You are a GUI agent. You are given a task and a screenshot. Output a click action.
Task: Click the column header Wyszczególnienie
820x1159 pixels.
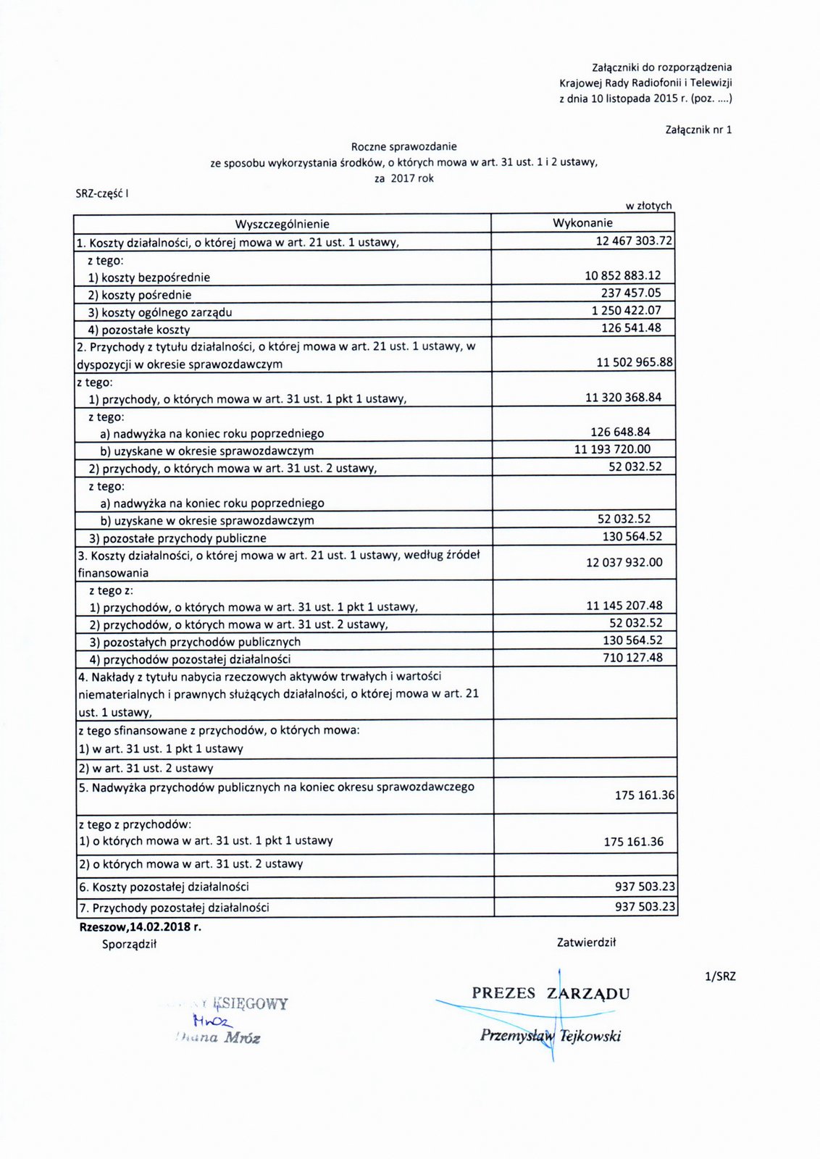[x=282, y=224]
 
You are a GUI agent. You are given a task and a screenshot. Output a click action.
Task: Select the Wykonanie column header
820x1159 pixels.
[x=582, y=223]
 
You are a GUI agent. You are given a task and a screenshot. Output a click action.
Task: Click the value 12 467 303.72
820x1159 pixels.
[x=634, y=240]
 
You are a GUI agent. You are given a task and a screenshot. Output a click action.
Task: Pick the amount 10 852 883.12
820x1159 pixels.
[x=623, y=275]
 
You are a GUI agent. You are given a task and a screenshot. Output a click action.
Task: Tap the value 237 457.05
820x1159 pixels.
[x=631, y=293]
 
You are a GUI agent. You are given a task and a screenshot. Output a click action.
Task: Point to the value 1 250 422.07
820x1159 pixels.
[x=626, y=310]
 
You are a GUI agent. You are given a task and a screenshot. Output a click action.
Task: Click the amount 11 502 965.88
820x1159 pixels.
[x=635, y=362]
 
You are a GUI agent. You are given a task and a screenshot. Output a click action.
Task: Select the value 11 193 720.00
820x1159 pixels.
[x=612, y=449]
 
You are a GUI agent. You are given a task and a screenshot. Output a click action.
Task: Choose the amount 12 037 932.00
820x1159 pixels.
[x=624, y=562]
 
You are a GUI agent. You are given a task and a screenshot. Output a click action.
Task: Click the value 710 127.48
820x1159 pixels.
[x=632, y=658]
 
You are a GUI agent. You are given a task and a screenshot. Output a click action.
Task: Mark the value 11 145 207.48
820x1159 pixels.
[x=624, y=606]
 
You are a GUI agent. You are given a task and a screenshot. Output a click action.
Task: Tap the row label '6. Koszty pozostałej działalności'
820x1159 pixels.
[x=164, y=887]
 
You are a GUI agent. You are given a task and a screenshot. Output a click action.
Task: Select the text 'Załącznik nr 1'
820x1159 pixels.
[x=698, y=130]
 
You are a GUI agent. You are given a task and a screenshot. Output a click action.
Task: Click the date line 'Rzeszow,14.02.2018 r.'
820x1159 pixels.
[x=140, y=926]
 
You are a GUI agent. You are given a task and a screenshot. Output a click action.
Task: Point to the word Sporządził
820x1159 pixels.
[x=129, y=944]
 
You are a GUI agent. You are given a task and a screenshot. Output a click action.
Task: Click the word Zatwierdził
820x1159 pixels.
[x=586, y=942]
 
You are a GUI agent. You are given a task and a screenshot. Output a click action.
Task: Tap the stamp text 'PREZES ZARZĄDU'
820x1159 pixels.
[x=551, y=993]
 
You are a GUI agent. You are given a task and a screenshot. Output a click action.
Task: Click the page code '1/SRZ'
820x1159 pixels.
[x=720, y=976]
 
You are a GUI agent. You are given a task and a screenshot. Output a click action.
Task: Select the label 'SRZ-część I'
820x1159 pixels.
[x=102, y=193]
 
